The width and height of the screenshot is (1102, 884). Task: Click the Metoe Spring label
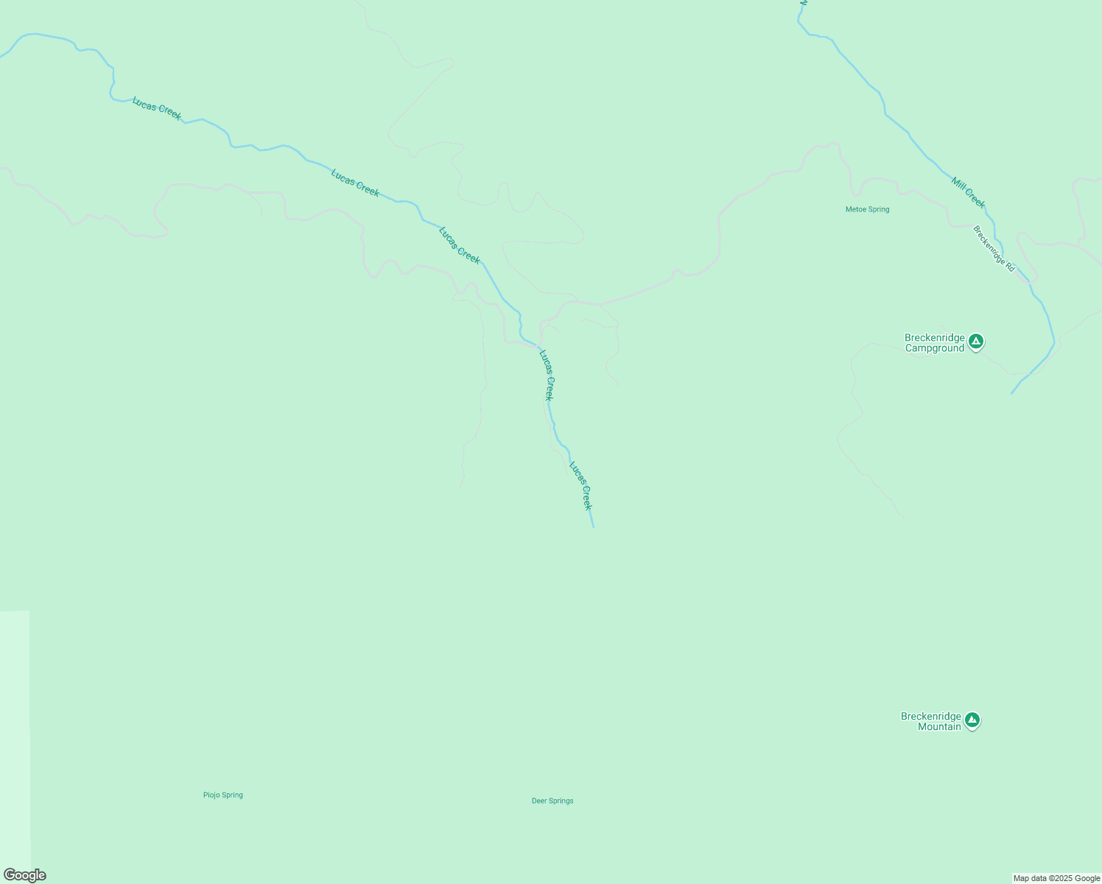tap(867, 209)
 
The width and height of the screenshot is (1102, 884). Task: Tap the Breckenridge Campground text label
tap(934, 343)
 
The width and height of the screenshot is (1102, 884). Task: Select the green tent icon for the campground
tap(976, 341)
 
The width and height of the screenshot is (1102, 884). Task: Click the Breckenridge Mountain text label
tap(931, 722)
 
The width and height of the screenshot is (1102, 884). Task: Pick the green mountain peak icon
tap(972, 720)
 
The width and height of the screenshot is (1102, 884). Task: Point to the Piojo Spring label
tap(222, 795)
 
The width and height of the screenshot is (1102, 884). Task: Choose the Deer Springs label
tap(552, 801)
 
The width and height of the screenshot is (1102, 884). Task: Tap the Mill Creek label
tap(968, 192)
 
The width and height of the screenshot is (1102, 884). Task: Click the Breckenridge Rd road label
tap(994, 248)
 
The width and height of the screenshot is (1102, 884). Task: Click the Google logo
tap(25, 875)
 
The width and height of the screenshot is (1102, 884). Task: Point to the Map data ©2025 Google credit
tap(1056, 878)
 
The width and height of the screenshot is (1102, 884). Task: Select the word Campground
tap(934, 348)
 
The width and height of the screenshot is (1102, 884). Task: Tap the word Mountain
tap(939, 727)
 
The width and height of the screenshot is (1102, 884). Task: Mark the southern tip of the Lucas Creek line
tap(593, 527)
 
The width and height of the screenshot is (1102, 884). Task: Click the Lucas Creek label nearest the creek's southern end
tap(580, 485)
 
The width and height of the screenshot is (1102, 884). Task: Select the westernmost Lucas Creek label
tap(156, 108)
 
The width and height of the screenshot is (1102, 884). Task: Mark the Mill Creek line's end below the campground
tap(1012, 393)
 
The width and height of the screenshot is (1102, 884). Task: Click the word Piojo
tap(212, 795)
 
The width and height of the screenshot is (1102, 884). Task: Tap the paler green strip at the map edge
tap(15, 737)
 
